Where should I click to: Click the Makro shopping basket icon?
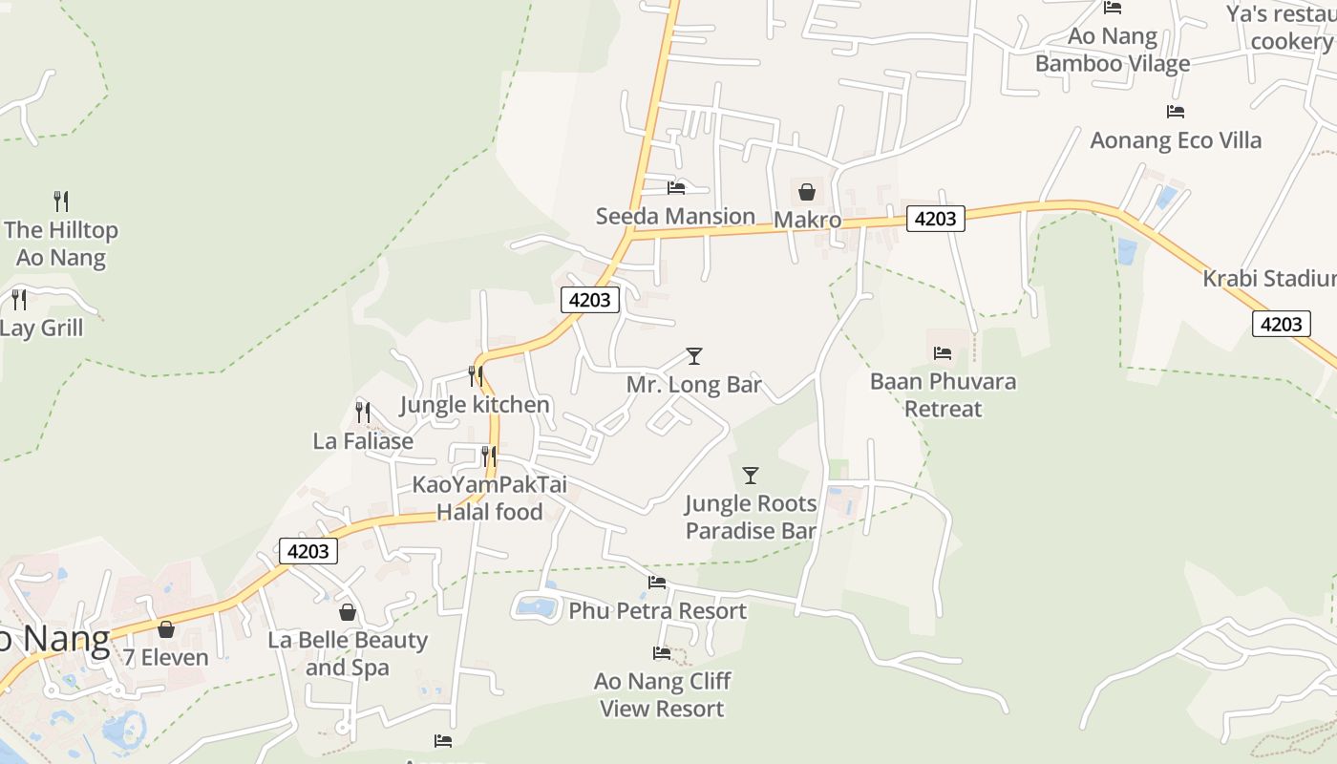pos(806,192)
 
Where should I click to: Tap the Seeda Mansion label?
pos(675,217)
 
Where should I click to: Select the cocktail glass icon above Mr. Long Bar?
pos(694,356)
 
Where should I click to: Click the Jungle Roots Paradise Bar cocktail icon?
pos(751,475)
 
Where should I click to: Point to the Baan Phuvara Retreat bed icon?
pos(943,353)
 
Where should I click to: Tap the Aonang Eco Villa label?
pos(1176,140)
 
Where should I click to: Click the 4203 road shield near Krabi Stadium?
pos(1281,324)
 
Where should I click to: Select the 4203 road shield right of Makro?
pos(935,219)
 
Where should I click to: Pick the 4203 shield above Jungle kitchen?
pos(589,300)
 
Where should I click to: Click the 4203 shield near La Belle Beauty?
pos(308,551)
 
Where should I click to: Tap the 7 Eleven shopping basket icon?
pos(166,629)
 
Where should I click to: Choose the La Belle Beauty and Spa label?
pos(348,653)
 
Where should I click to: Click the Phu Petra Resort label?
pos(658,610)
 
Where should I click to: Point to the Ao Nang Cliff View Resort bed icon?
pos(662,653)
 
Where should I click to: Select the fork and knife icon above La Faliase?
pos(363,413)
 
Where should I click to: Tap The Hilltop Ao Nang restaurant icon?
pos(61,202)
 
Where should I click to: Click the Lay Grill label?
pos(42,329)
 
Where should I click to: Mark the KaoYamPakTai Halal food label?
pos(489,498)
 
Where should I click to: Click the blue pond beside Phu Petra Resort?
pos(538,606)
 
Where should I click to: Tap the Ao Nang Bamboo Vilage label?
pos(1113,51)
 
